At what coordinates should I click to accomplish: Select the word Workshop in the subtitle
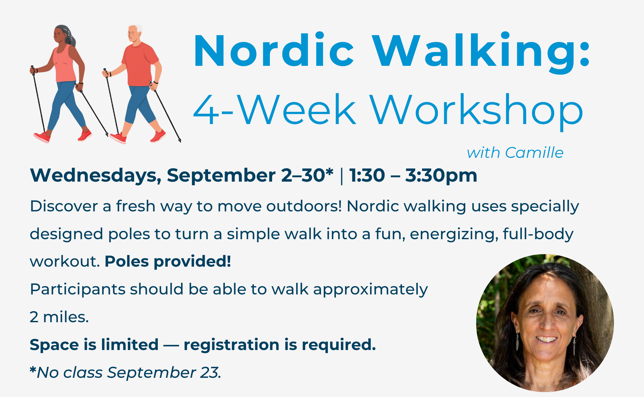tap(476, 110)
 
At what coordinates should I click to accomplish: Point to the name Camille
tap(534, 153)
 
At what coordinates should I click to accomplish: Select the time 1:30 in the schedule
tap(367, 175)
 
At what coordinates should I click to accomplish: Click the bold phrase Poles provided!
tap(168, 261)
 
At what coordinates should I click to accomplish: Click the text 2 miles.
tap(59, 317)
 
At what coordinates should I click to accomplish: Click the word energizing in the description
tap(454, 234)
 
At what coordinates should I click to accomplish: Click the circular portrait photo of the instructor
tap(545, 323)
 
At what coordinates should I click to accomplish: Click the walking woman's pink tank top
tap(64, 65)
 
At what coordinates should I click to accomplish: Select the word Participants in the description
tap(77, 289)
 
